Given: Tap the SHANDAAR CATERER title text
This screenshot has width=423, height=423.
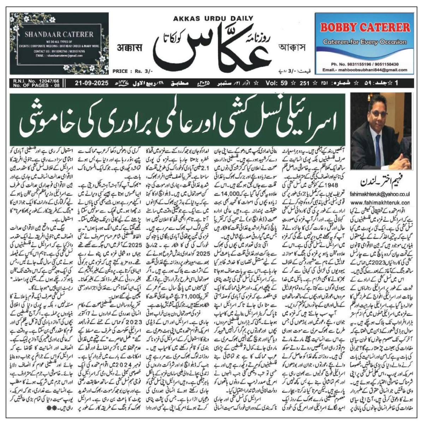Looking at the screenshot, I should coord(59,35).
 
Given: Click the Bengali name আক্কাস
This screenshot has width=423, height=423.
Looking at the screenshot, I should coord(291,47).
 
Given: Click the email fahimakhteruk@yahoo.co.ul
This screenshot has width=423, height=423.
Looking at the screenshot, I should coord(380,194).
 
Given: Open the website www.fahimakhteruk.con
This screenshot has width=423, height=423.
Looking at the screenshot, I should coord(380,203).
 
